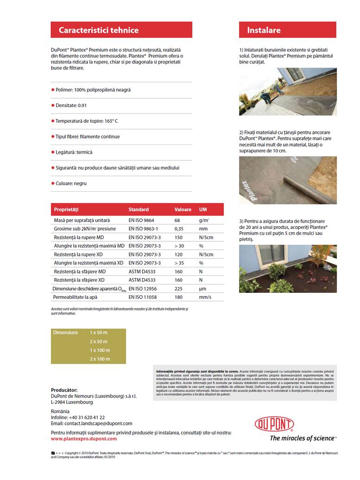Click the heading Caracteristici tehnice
(99, 30)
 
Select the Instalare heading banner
(264, 30)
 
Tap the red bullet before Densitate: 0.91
(53, 106)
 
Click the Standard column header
(139, 209)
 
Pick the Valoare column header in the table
(183, 209)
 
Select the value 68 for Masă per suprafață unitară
(177, 221)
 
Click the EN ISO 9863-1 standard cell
(143, 229)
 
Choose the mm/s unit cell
(205, 297)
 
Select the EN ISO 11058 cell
(142, 297)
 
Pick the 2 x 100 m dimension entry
(100, 359)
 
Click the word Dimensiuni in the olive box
(66, 333)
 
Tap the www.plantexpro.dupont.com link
(84, 438)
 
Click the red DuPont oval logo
(274, 424)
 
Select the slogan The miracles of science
(302, 438)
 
